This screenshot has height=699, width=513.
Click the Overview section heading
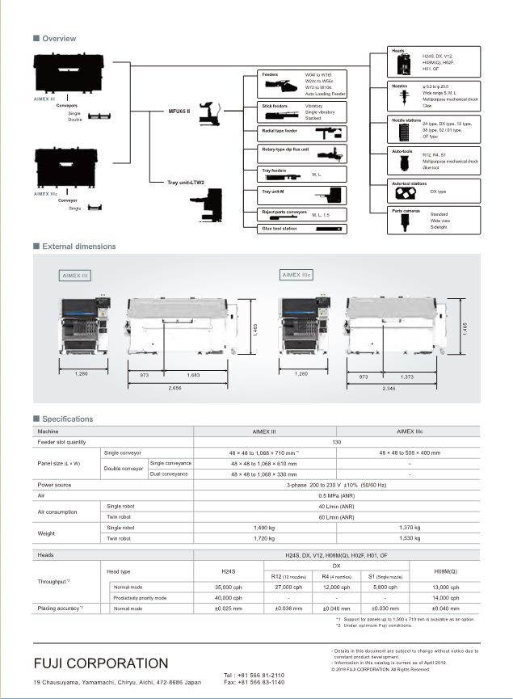[x=58, y=39]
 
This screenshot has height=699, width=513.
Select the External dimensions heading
[x=78, y=246]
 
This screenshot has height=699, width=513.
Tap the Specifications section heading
[x=67, y=419]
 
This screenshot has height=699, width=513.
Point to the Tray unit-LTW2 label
[x=186, y=183]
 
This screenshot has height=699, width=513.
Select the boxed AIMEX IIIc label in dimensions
[x=296, y=275]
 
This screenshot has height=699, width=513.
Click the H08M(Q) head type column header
[x=445, y=571]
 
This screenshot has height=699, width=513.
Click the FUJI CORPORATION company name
[x=101, y=663]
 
